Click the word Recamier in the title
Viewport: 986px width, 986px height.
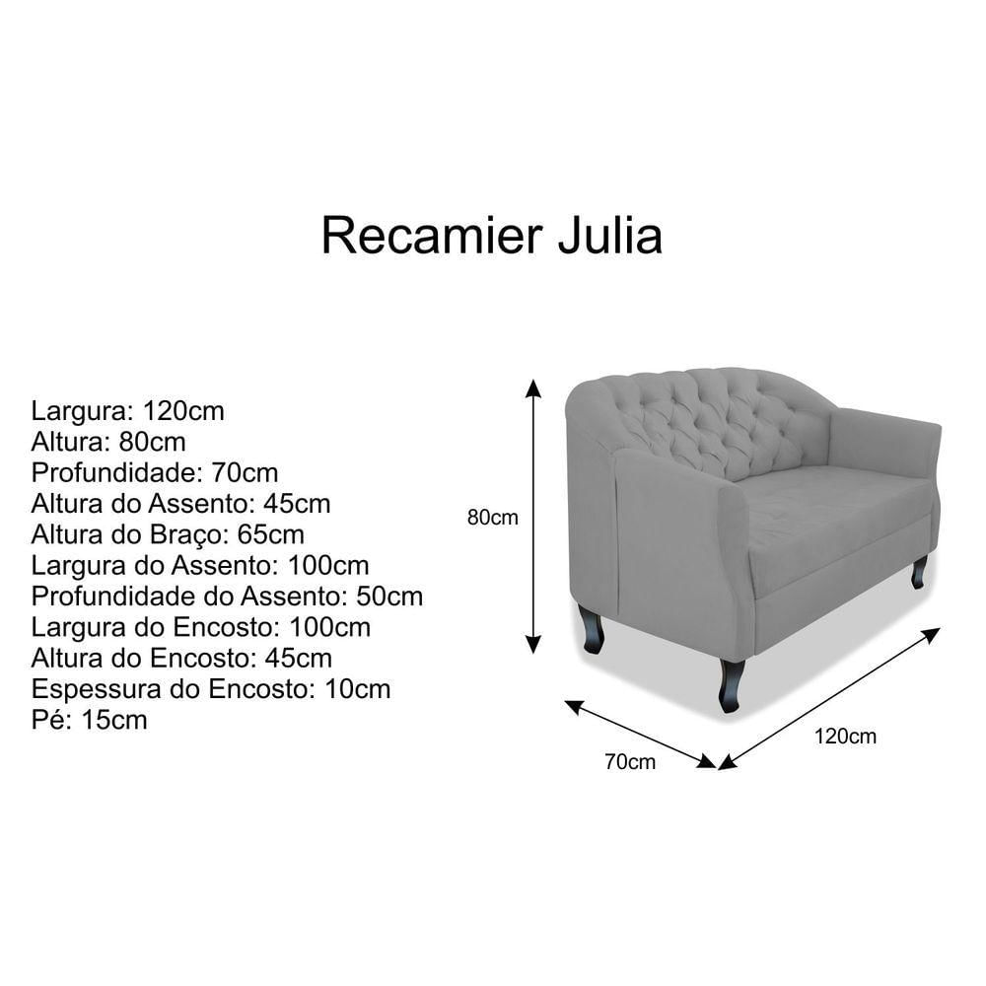coord(432,236)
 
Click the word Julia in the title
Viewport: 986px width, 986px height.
coord(610,236)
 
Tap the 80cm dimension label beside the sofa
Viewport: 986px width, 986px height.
coord(492,518)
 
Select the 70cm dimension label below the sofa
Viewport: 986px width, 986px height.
coord(630,761)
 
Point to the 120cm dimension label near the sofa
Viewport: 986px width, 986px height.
coord(845,736)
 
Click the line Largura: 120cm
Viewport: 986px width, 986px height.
coord(127,410)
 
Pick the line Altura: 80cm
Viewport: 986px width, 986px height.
coord(108,442)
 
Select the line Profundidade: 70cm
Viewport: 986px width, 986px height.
coord(155,472)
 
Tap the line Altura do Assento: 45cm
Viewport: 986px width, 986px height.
coord(181,503)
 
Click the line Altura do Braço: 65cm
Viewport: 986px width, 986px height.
coord(168,534)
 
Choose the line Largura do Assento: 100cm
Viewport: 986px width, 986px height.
coord(200,565)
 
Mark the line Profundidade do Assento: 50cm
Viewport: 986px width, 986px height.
coord(227,597)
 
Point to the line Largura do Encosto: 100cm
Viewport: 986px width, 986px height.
coord(201,627)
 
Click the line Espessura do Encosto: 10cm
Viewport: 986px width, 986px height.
coord(211,688)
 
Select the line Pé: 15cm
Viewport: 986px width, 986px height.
coord(90,720)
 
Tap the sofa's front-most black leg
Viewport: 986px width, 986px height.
coord(731,685)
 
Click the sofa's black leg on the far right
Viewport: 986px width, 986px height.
coord(919,572)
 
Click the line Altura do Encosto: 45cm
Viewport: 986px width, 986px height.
coord(181,658)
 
